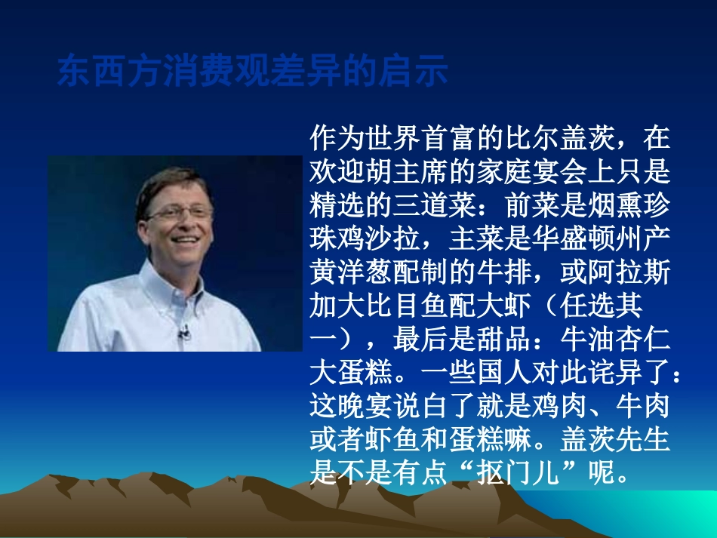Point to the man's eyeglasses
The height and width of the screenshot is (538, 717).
point(179,212)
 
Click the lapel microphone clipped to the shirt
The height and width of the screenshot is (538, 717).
point(183,331)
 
